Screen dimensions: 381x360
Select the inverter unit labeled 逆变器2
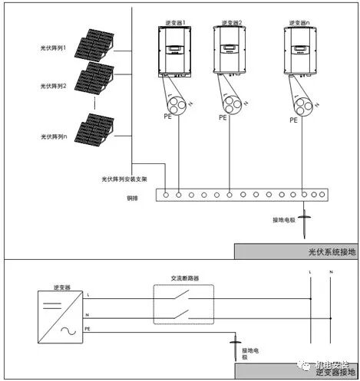(230, 52)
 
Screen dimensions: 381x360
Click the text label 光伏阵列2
(54, 87)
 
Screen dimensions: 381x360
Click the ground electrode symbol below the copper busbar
(305, 225)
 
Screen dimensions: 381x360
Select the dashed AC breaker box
(182, 304)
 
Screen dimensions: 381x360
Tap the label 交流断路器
(182, 278)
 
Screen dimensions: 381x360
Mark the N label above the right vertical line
(330, 272)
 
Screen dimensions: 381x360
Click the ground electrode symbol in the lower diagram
(232, 350)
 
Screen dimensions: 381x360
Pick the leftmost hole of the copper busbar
(166, 195)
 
